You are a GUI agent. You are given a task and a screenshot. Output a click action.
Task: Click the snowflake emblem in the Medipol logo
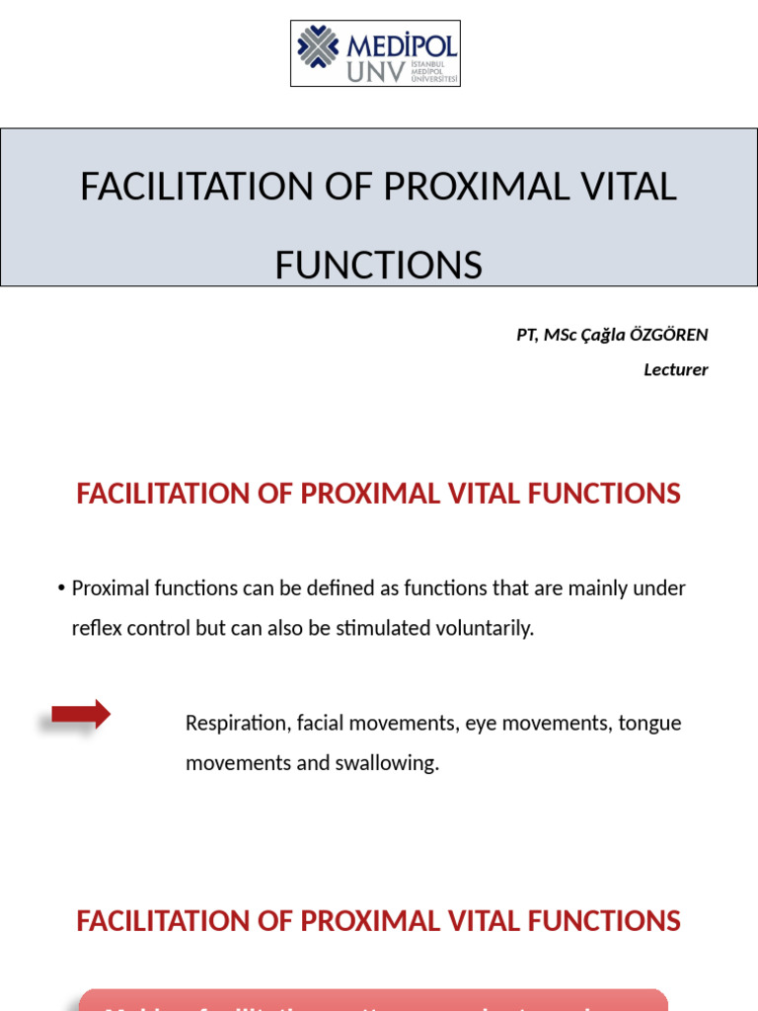click(318, 46)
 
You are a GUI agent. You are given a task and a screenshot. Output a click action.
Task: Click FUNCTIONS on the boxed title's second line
click(379, 265)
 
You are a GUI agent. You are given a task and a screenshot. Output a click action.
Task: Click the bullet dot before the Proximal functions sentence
click(62, 589)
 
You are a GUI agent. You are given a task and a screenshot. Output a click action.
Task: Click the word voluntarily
click(488, 628)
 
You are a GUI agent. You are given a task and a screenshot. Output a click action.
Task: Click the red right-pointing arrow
click(81, 715)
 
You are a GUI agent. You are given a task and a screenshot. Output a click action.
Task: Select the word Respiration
click(235, 724)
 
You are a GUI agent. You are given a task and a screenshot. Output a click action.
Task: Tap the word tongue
click(649, 724)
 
